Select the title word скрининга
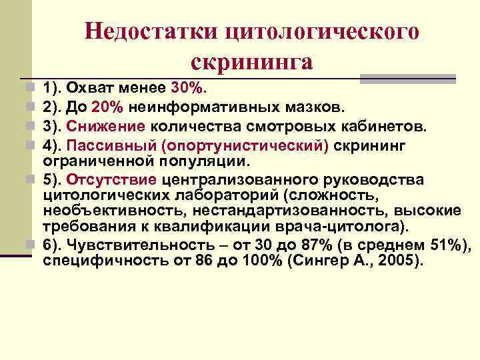(252, 62)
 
